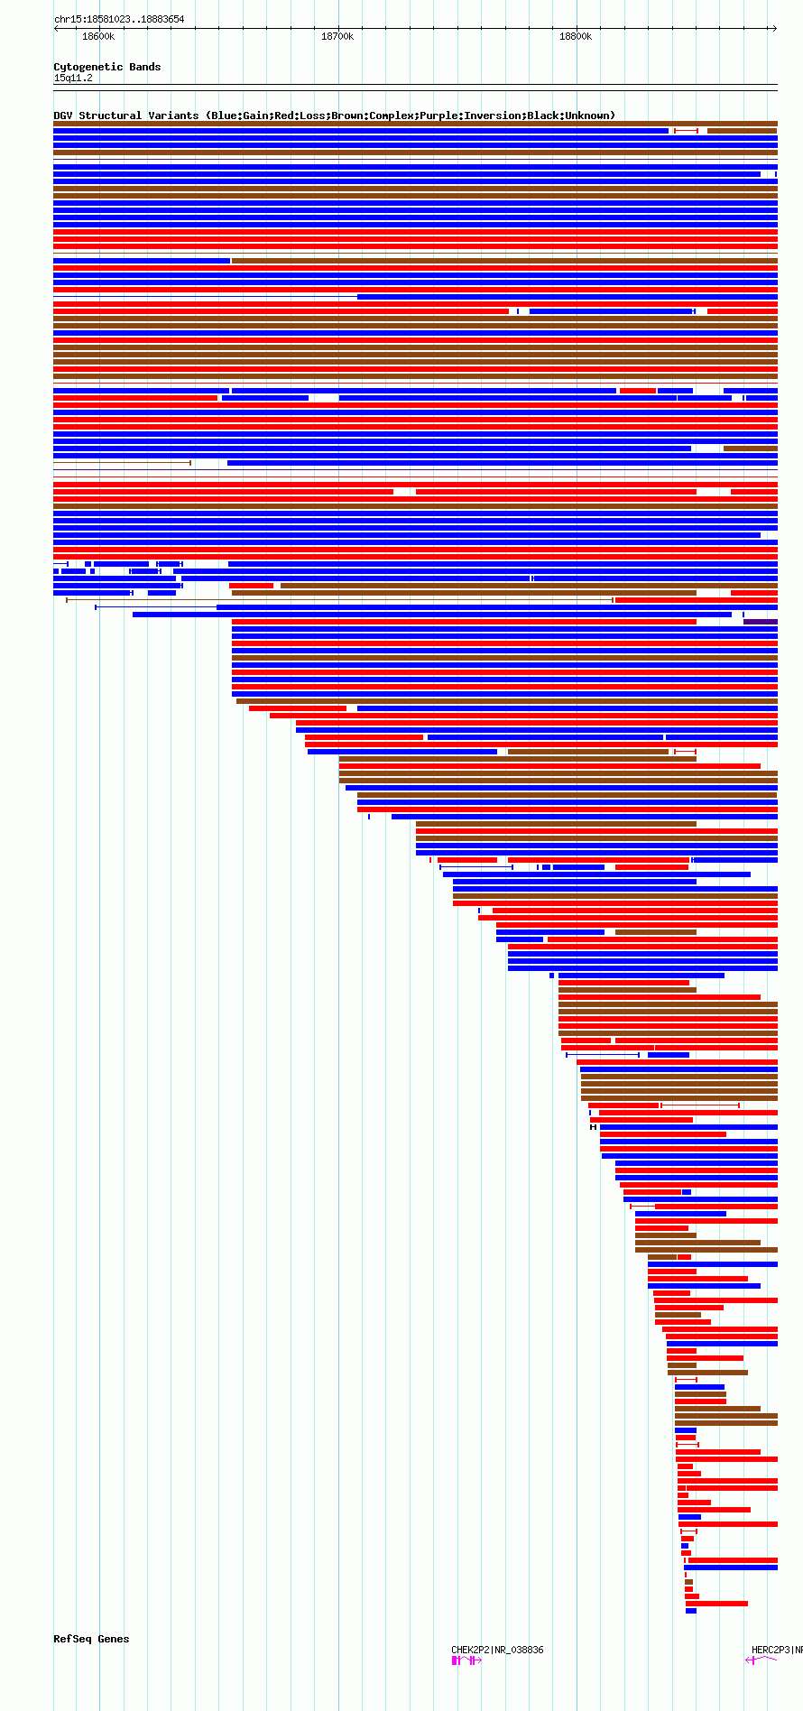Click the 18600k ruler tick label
click(98, 37)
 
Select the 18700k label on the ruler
click(337, 37)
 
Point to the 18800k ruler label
click(576, 37)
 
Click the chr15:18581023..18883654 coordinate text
click(119, 19)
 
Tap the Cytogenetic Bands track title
click(106, 67)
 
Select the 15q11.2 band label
click(73, 79)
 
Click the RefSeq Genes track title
click(91, 1639)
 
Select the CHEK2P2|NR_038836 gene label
click(497, 1650)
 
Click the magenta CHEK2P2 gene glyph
click(466, 1660)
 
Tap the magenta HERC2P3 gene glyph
click(762, 1660)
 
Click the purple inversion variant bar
click(761, 622)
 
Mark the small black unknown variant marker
click(593, 1127)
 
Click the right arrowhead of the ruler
click(773, 28)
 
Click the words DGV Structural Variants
click(125, 116)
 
